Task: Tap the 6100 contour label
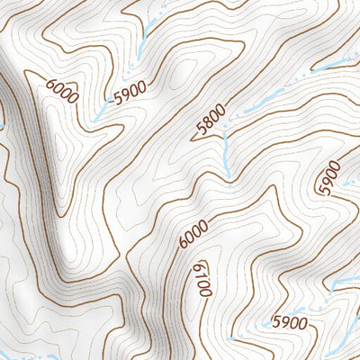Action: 202,279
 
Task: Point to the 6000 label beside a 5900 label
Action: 62,92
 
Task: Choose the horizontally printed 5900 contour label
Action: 290,322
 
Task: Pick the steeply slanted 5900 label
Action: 329,177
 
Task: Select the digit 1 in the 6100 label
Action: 200,274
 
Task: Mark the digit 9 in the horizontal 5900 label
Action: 284,322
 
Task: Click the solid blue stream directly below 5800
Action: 227,162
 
